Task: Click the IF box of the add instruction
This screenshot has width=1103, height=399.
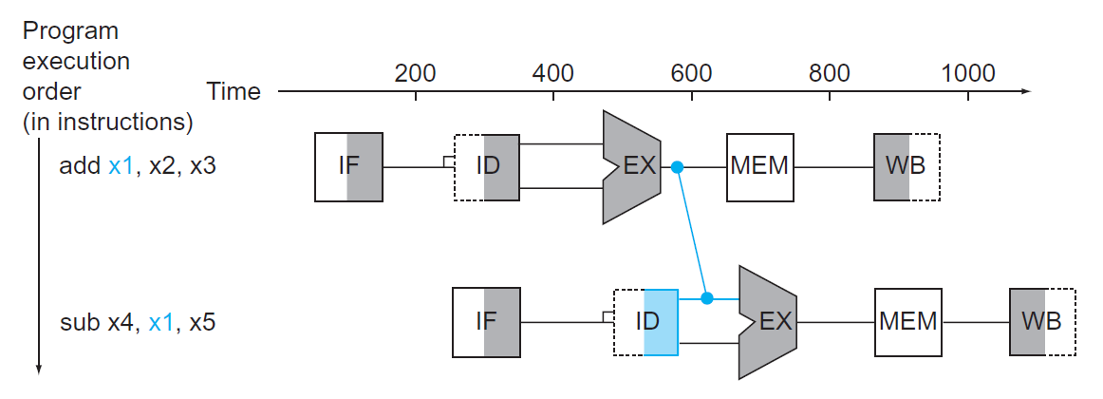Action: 348,167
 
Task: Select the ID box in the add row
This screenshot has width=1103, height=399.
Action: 487,167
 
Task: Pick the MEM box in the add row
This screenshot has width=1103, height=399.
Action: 760,167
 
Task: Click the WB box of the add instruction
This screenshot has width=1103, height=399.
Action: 907,167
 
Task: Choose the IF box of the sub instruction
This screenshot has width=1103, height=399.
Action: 486,322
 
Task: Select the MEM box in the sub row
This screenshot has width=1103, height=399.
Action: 907,322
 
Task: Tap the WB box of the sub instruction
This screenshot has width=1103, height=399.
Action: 1043,322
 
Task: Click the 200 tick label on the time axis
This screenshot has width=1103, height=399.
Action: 415,73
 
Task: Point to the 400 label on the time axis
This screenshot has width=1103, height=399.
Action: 553,73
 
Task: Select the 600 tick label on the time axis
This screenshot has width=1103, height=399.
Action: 691,73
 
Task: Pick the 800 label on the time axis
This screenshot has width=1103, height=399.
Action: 830,73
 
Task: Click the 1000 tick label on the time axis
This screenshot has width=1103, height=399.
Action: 967,73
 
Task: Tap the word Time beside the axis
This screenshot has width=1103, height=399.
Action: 233,92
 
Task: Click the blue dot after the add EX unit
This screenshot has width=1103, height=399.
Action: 677,167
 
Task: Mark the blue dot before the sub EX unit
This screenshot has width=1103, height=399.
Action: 706,298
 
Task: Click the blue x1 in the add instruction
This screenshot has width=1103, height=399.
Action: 122,166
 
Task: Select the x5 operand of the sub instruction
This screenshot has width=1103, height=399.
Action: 202,322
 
